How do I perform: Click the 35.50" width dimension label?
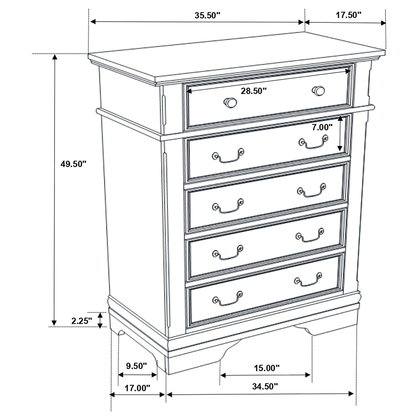[x=207, y=15]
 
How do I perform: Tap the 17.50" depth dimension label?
[x=349, y=15]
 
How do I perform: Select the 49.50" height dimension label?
[x=73, y=164]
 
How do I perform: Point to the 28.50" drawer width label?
[x=254, y=91]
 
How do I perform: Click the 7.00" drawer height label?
[x=322, y=127]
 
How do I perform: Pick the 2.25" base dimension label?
[x=82, y=321]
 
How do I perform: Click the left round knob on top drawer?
[x=230, y=103]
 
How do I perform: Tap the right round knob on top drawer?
[x=318, y=91]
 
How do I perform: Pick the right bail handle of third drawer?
[x=312, y=190]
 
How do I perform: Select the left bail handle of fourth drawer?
[x=228, y=253]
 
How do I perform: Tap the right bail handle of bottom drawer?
[x=308, y=279]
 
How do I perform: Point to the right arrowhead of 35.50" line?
[x=301, y=22]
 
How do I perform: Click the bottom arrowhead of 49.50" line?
[x=54, y=323]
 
